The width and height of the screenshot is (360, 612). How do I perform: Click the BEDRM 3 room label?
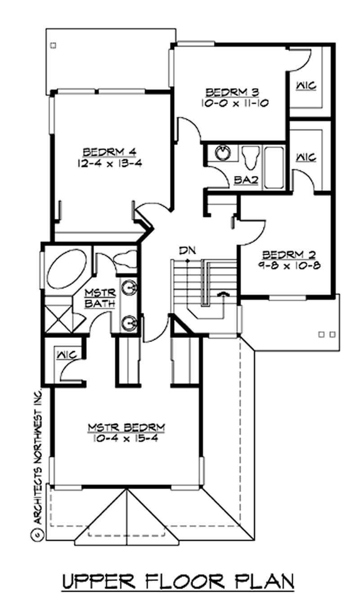[232, 92]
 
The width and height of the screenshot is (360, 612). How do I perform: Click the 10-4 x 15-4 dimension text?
[127, 437]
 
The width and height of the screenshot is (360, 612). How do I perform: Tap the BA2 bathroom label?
[246, 180]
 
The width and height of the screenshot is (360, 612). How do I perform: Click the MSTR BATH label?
[101, 298]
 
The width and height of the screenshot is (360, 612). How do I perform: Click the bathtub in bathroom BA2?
[274, 167]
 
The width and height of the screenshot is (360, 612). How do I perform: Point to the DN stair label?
[186, 250]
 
